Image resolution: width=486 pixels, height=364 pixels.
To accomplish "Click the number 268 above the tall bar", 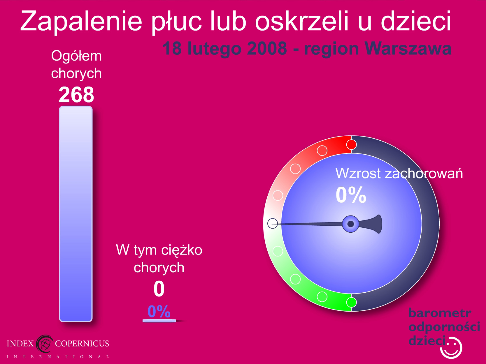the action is [76, 95].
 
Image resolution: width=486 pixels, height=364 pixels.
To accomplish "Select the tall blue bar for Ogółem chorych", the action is [76, 214].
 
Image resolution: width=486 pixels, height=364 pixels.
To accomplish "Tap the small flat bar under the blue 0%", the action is [159, 321].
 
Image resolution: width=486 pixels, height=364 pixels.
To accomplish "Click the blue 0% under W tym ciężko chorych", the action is [159, 311].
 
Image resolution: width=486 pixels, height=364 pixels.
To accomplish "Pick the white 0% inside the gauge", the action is [351, 195].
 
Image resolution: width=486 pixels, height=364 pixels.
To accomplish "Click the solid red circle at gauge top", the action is [351, 145].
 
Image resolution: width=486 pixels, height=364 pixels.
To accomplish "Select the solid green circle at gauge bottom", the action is [351, 302].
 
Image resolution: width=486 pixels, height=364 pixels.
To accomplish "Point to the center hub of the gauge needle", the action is [350, 224].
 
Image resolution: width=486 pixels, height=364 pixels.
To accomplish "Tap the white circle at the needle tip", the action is [273, 223].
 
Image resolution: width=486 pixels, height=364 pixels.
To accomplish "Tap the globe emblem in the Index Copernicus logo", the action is [45, 344].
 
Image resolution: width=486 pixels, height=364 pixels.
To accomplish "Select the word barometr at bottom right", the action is [440, 313].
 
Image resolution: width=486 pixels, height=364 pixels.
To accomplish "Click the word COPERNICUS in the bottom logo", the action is [82, 343].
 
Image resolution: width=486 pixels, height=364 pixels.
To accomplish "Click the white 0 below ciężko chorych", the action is [159, 289].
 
